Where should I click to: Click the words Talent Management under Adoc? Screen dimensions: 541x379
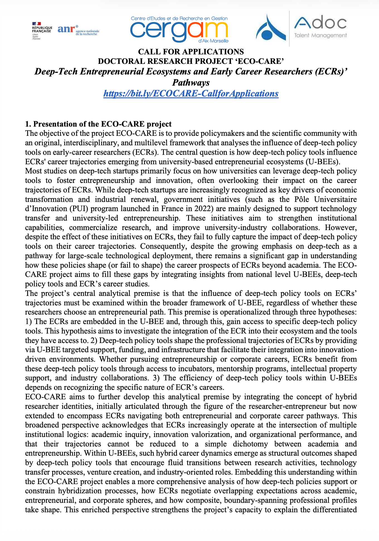(320, 35)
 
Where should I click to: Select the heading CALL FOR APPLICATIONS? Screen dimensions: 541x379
(191, 52)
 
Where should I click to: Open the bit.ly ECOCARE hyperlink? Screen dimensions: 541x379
(191, 93)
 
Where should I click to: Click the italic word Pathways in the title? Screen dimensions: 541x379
(191, 83)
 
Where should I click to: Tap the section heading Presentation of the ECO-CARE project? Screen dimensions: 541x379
(98, 124)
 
